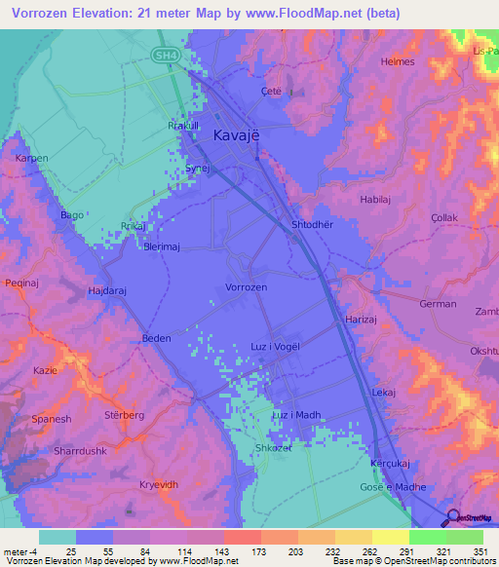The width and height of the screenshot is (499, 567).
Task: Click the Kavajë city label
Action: pos(236,137)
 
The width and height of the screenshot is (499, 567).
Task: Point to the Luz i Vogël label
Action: pos(275,347)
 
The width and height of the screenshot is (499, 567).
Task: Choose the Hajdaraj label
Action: pos(108,290)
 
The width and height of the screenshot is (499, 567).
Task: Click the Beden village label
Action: pos(156,338)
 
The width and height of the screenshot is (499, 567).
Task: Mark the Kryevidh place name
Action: pos(160,484)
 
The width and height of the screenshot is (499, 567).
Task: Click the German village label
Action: pos(438,304)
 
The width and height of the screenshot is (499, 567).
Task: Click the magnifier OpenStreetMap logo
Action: pos(453,518)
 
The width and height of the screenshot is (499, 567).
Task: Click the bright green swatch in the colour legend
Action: pos(427,537)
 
